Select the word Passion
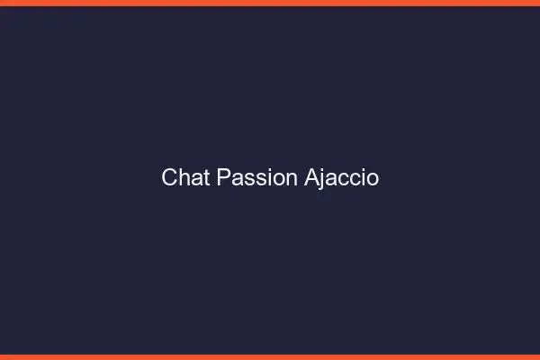(x=256, y=178)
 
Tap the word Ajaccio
(x=340, y=178)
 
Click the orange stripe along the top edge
(x=270, y=3)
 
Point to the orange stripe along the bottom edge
(x=270, y=356)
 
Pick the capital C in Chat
(x=169, y=178)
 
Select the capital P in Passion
(x=223, y=178)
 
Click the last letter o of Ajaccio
(x=373, y=180)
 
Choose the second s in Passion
(x=257, y=180)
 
